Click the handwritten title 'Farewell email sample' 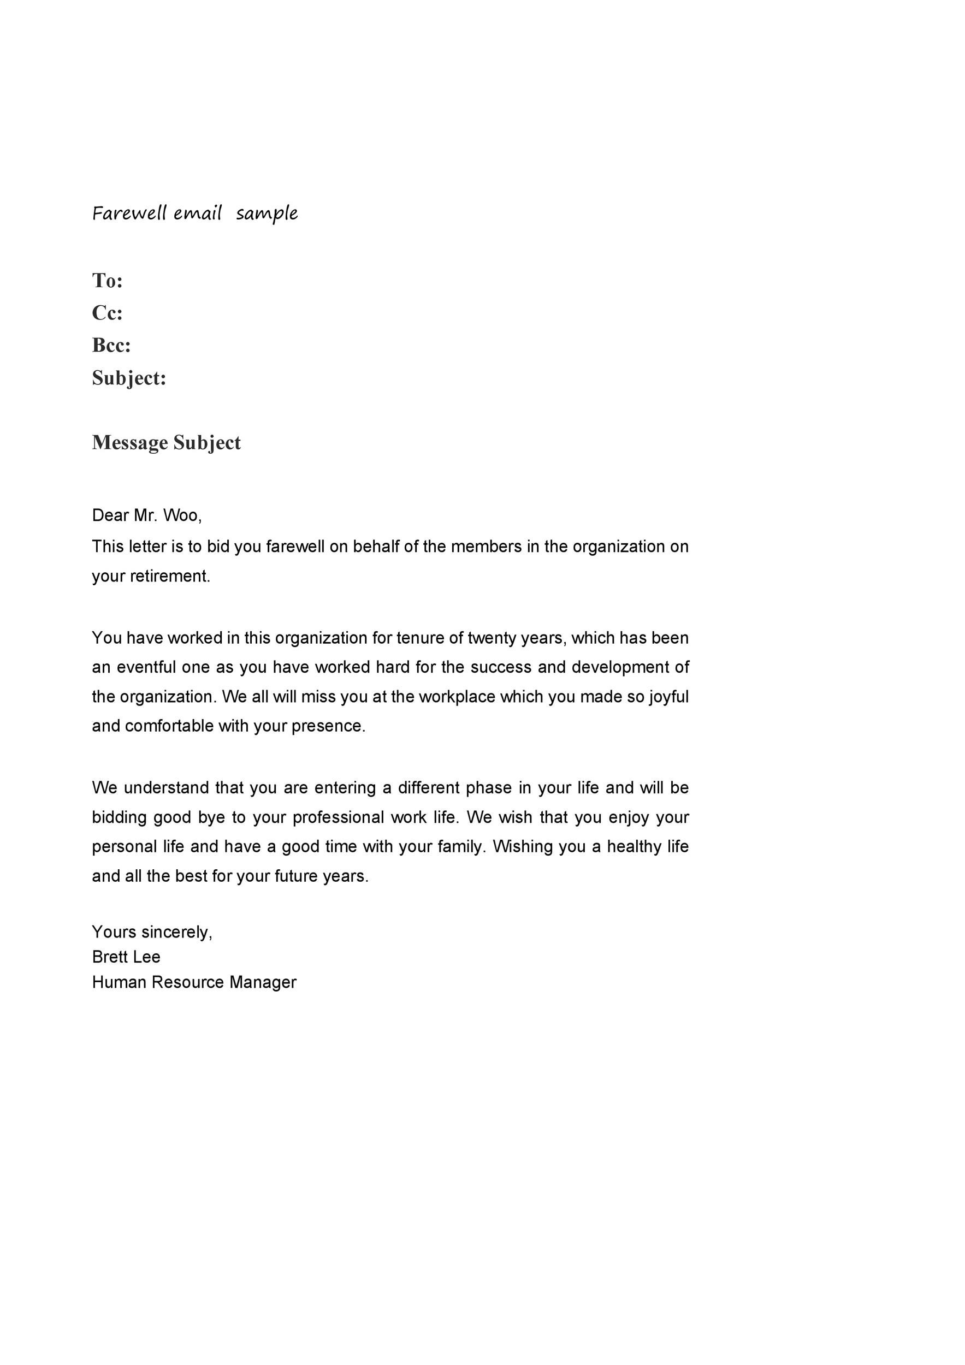click(194, 213)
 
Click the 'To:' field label click(107, 280)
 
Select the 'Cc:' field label click(107, 313)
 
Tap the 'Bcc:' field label click(111, 345)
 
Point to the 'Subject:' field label click(129, 378)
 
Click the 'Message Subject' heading click(166, 442)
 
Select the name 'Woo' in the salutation click(181, 515)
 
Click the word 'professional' click(338, 817)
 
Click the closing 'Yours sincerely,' click(152, 931)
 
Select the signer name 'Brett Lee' click(126, 957)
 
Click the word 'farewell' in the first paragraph click(295, 547)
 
